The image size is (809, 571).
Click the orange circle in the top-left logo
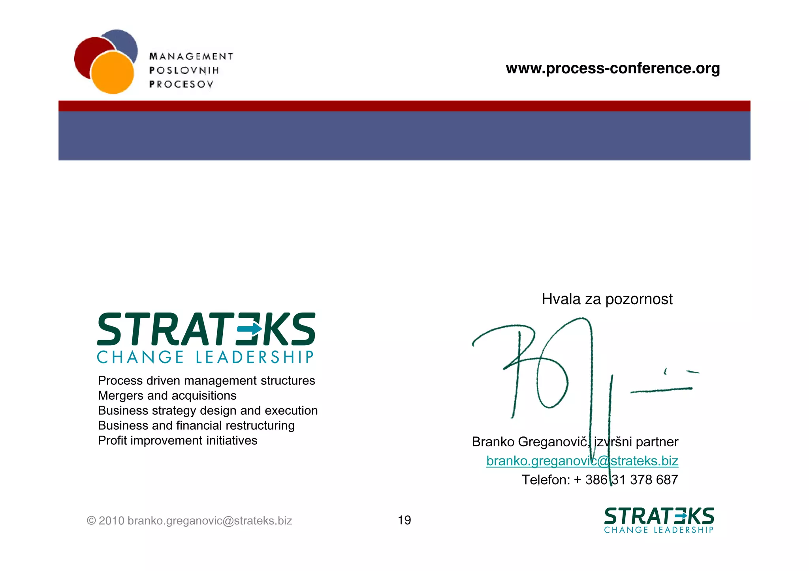point(112,73)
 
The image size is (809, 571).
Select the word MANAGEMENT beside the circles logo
point(191,56)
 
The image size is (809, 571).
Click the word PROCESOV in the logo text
point(181,84)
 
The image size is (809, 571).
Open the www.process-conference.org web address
point(613,68)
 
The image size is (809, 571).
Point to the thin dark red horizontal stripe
point(404,106)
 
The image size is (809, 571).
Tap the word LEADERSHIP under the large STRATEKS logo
point(255,357)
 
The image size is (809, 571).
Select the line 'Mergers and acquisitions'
point(167,395)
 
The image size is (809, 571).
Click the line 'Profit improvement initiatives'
point(177,440)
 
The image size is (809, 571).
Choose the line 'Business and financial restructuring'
point(196,425)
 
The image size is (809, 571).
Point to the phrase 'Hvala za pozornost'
point(607,299)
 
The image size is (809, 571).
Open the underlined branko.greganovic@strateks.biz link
point(582,461)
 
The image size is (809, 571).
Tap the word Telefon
point(546,480)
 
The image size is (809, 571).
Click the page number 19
point(404,520)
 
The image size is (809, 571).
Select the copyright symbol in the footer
point(91,521)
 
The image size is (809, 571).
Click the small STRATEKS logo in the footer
point(659,520)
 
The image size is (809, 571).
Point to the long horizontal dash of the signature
point(661,390)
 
